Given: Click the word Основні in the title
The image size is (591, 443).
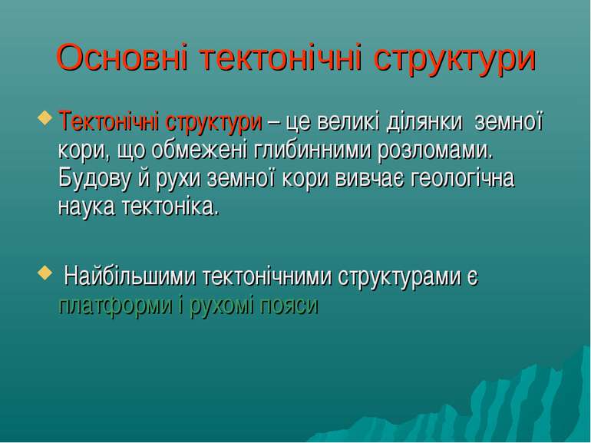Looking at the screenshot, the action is point(122,57).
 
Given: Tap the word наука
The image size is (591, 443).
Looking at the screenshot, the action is point(86,207).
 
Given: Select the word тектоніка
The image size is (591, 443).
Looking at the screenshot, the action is point(170,207).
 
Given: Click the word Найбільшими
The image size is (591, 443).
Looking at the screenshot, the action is point(130,276).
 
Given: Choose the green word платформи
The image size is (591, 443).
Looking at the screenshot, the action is point(115,306).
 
